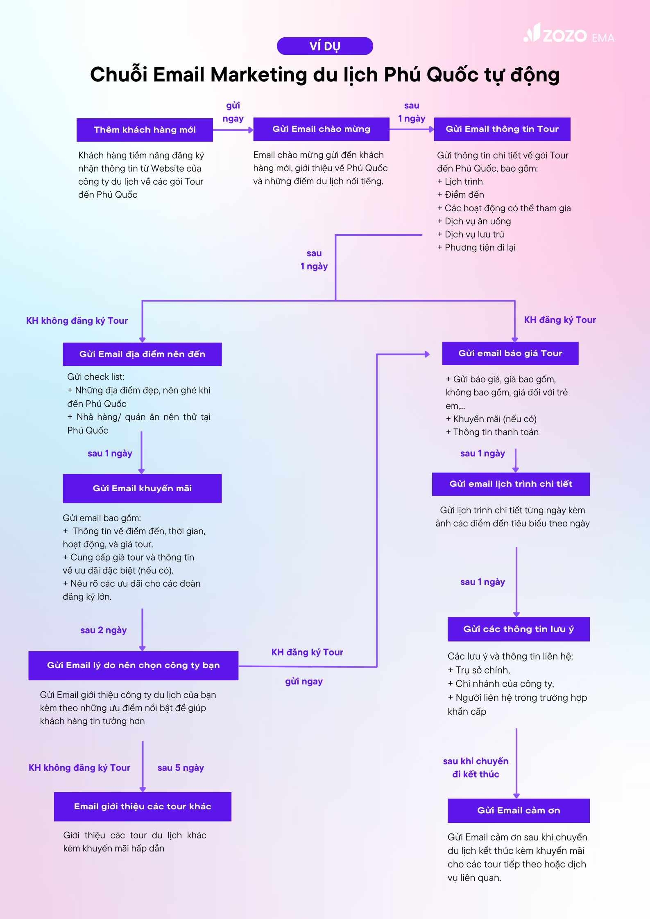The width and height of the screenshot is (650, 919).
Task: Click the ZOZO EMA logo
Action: (x=568, y=34)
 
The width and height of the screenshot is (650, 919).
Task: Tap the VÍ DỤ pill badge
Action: (x=325, y=46)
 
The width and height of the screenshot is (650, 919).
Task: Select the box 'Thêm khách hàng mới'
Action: (x=145, y=130)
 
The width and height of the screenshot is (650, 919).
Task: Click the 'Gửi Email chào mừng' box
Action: (x=322, y=129)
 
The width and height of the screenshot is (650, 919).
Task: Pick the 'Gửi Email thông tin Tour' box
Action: (x=502, y=129)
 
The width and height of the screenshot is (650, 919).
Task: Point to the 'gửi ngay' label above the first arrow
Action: (x=233, y=112)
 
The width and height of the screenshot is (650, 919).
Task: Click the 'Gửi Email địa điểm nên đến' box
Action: (x=142, y=354)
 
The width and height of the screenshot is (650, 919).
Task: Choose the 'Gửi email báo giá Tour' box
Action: (x=510, y=353)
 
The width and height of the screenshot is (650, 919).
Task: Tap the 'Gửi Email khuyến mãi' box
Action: (x=142, y=488)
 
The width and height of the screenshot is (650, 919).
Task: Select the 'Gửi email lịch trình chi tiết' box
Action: (x=511, y=484)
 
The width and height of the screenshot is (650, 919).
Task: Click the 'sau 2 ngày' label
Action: (x=104, y=630)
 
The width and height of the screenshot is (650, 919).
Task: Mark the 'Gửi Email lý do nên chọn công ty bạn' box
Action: (x=134, y=666)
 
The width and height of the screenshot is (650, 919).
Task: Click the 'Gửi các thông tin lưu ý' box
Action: (x=519, y=629)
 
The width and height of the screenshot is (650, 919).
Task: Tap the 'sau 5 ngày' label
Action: (x=181, y=768)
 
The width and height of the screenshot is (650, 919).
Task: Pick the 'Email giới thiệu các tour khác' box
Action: (x=143, y=806)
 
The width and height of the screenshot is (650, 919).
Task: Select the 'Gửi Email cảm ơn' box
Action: (x=519, y=811)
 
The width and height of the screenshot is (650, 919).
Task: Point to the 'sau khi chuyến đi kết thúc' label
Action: (x=476, y=768)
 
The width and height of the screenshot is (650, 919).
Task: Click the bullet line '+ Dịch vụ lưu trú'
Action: (x=471, y=235)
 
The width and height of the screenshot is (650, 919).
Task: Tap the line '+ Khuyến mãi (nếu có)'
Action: (x=491, y=419)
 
